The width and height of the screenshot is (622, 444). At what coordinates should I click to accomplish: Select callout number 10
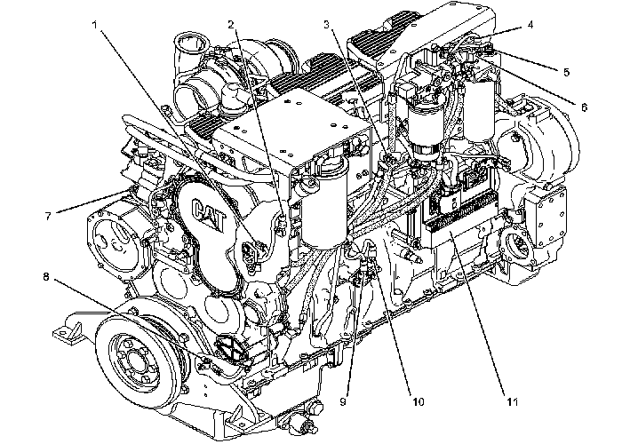[x=418, y=401]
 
